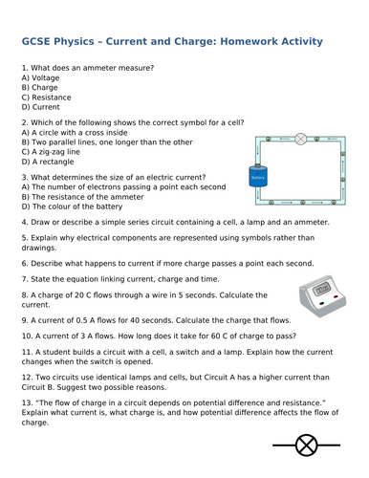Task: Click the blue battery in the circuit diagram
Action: (x=257, y=177)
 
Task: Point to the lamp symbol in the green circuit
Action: (x=299, y=138)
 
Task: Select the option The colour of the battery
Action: (x=76, y=206)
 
